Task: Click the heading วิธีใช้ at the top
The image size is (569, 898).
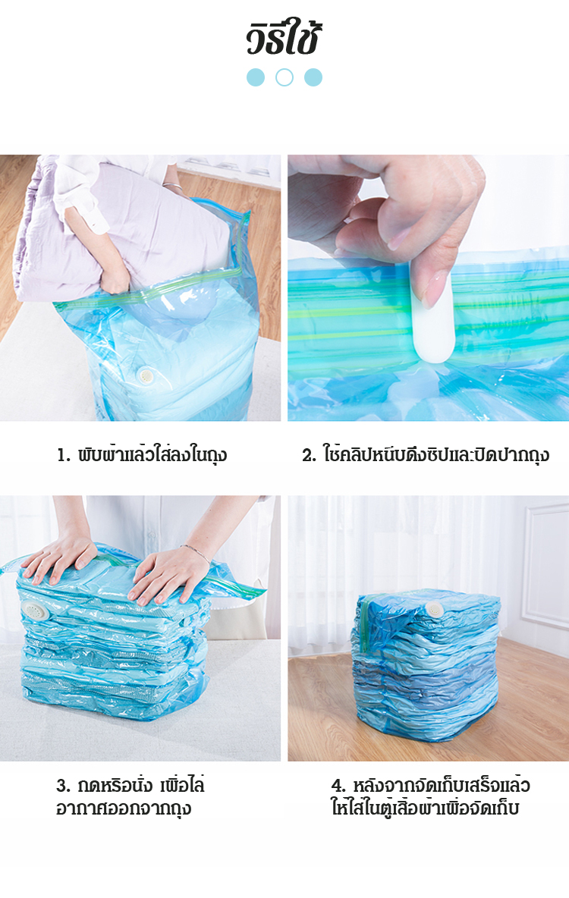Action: (x=284, y=39)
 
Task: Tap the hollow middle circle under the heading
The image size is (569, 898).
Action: (x=284, y=77)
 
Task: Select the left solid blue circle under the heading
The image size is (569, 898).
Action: (x=256, y=77)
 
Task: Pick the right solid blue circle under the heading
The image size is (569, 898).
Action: (x=313, y=77)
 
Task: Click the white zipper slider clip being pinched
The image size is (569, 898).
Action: (x=433, y=321)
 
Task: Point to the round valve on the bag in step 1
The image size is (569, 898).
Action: (x=146, y=375)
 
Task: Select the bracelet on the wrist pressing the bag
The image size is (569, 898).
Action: (x=198, y=554)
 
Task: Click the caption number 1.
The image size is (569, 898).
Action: (x=62, y=456)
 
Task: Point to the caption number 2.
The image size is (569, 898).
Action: (x=309, y=456)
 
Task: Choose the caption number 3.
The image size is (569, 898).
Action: (x=62, y=786)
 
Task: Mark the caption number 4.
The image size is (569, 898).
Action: (x=338, y=786)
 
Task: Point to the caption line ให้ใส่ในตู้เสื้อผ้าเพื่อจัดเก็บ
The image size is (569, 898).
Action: (x=425, y=808)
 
